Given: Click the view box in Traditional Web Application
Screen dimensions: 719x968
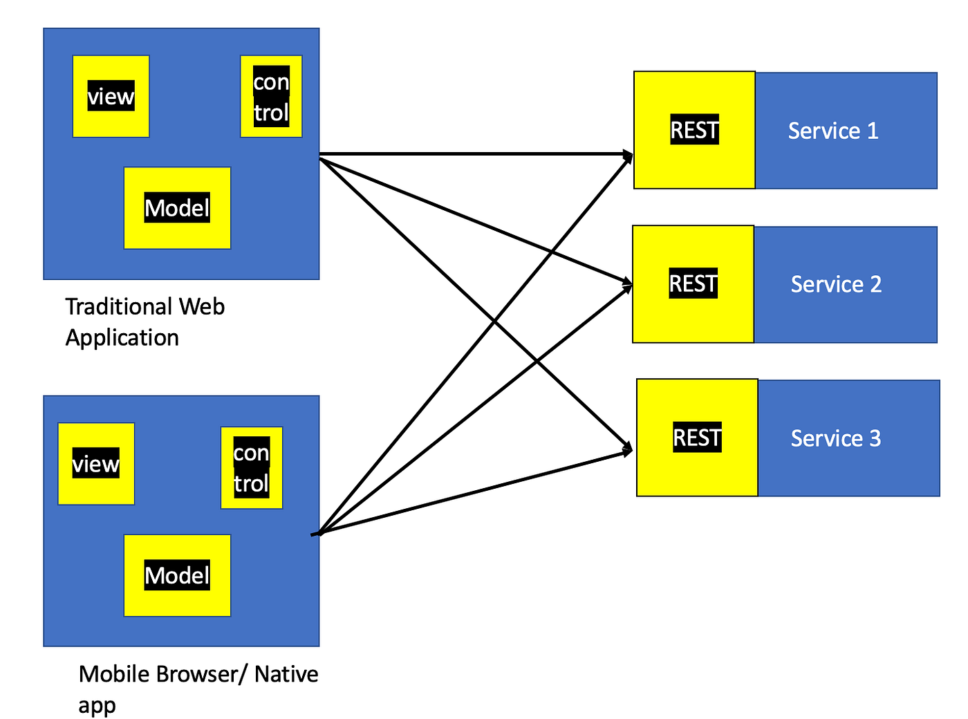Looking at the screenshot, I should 111,96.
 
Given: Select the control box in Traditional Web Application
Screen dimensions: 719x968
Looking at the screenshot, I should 271,96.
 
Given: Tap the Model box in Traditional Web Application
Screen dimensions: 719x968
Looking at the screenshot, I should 177,207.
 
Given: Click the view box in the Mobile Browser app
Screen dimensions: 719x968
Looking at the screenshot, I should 96,463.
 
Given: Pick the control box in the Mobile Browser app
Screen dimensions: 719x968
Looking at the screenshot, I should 251,468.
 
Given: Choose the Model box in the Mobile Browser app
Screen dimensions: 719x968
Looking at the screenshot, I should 177,575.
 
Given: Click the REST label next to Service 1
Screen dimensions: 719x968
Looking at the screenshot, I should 694,130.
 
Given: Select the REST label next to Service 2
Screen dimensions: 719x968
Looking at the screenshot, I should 693,283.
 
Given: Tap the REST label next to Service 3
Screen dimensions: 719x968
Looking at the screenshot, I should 697,438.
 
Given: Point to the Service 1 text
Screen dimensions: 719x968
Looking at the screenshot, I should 833,131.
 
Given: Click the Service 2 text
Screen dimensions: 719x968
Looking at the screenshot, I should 836,284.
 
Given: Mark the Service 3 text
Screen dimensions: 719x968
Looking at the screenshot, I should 836,438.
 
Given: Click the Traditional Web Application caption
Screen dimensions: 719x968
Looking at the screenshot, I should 145,321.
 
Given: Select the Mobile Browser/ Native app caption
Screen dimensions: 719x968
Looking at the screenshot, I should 198,689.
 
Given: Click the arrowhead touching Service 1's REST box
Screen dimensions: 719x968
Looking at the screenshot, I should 628,155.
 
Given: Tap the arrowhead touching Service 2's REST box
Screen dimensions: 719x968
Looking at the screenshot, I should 627,283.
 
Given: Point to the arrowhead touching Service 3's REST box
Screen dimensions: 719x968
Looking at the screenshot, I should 627,450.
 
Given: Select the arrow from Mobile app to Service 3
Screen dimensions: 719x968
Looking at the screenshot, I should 470,493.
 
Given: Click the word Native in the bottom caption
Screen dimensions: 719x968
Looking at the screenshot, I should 286,674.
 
